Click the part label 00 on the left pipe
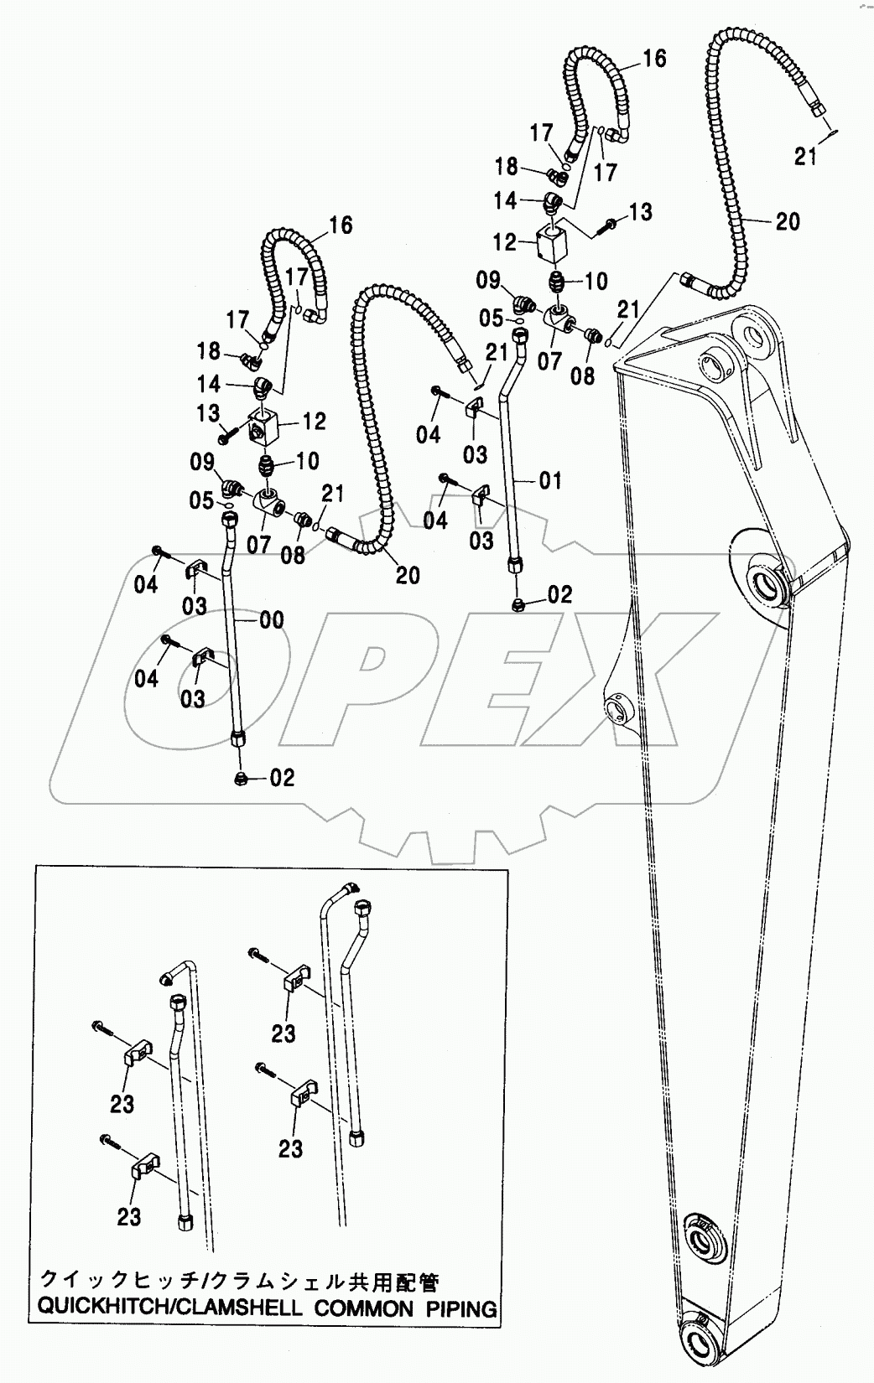tap(270, 621)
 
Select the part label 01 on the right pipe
tap(549, 481)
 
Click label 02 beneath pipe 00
tap(283, 778)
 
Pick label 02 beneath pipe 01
tap(559, 595)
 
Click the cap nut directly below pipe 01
tap(519, 604)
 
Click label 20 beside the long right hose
tap(787, 221)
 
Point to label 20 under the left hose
tap(408, 575)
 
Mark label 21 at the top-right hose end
tap(805, 157)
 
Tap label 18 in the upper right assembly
tap(506, 167)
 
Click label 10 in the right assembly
tap(595, 280)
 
